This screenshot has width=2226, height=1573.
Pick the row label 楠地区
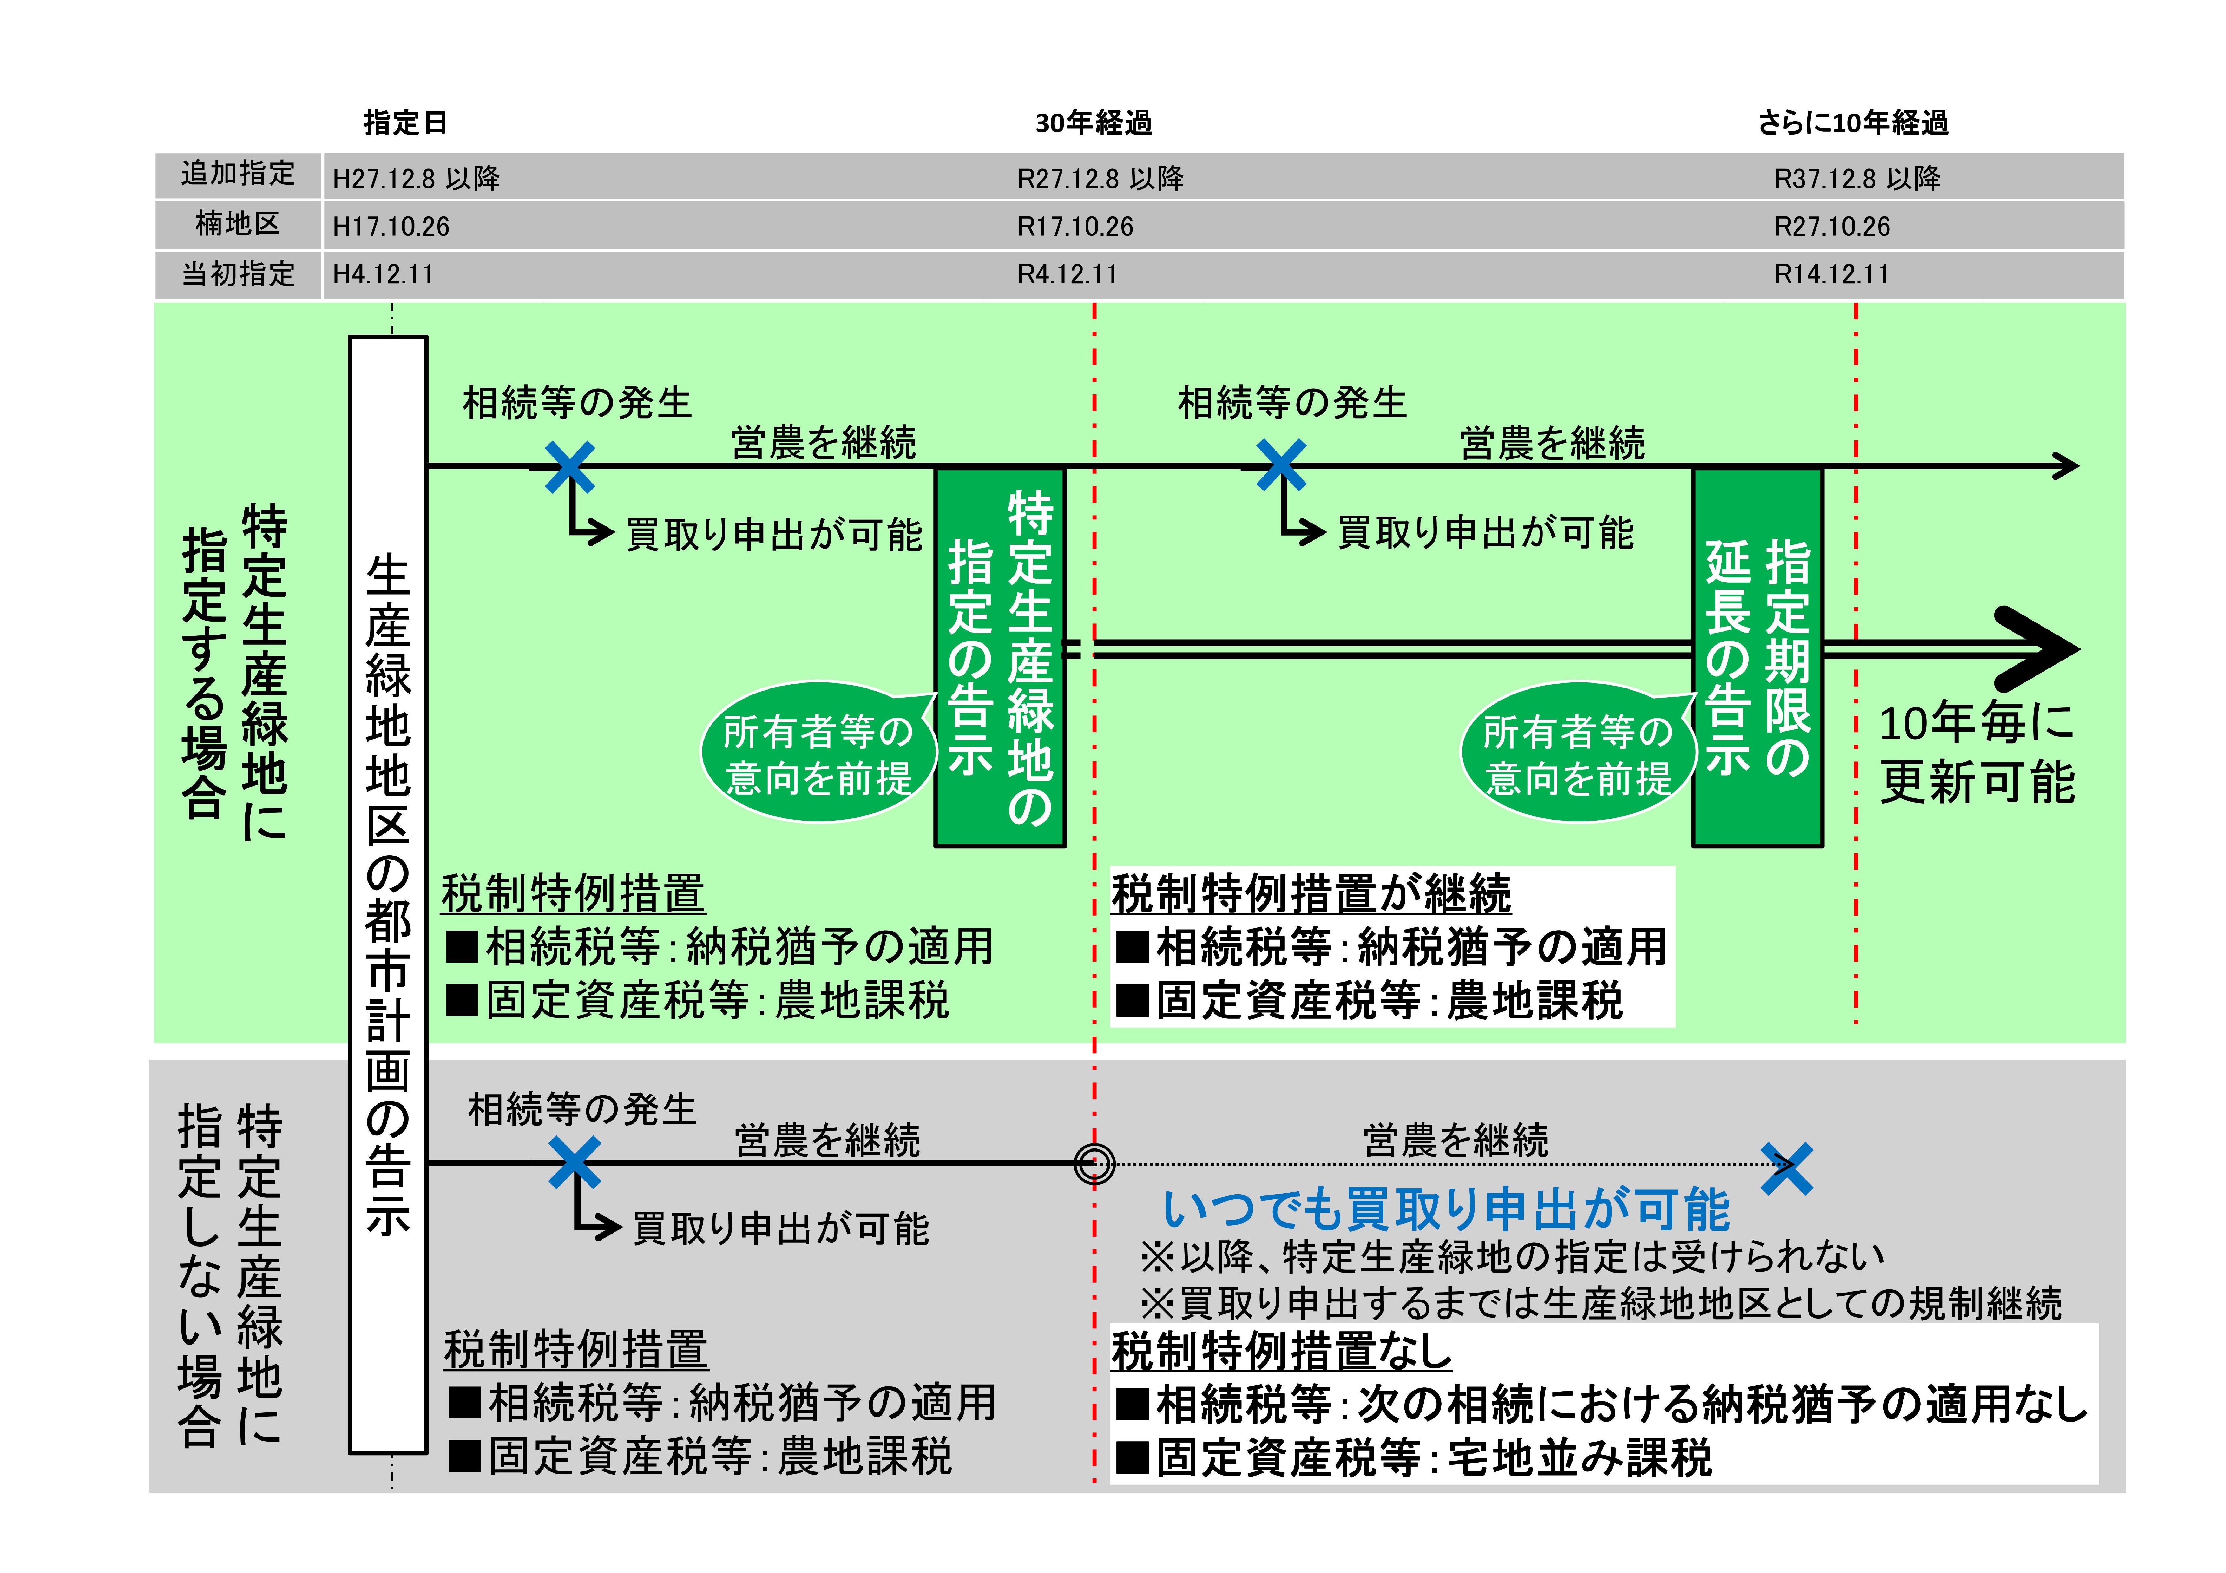tap(238, 225)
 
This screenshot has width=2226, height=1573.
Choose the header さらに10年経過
tap(1853, 123)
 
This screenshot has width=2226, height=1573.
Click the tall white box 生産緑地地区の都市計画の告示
tap(388, 892)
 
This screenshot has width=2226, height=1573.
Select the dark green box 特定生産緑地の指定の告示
tap(1000, 657)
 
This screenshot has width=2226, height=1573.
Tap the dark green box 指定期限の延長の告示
tap(1757, 657)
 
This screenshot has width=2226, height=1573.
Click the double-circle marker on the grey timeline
tap(1094, 1164)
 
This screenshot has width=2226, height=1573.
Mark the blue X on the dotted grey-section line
tap(1787, 1168)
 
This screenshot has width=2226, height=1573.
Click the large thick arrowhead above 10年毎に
tap(2036, 649)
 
